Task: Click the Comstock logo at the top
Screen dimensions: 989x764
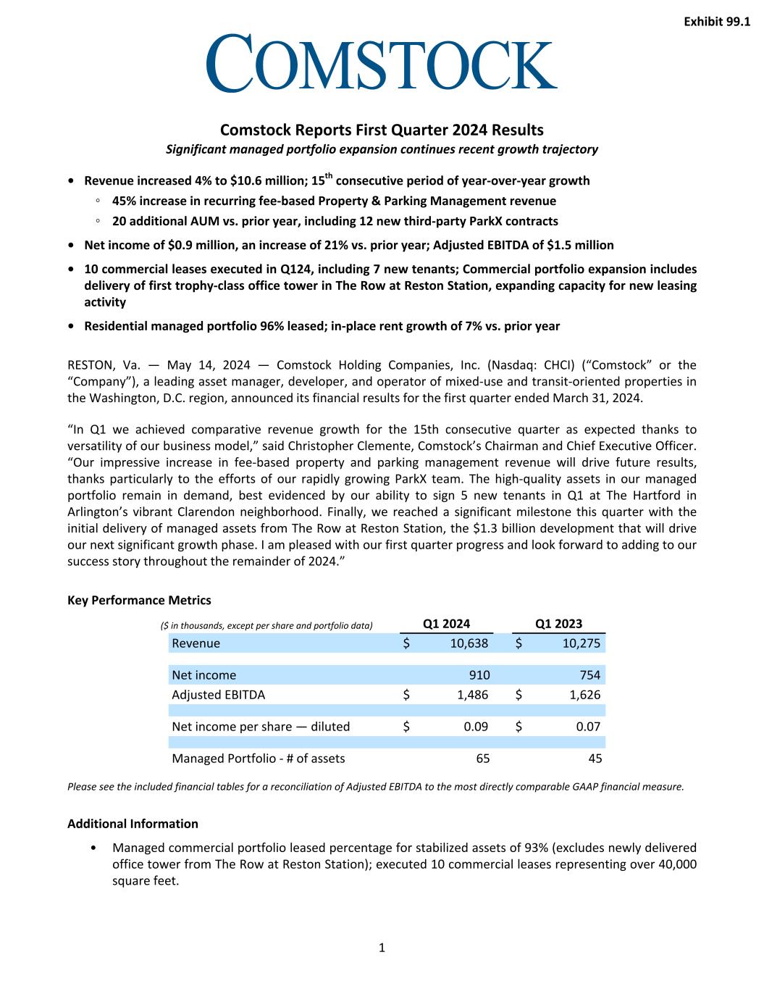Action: pyautogui.click(x=382, y=63)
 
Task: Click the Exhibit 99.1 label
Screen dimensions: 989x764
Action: pyautogui.click(x=716, y=22)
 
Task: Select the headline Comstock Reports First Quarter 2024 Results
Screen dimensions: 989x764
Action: pyautogui.click(x=382, y=130)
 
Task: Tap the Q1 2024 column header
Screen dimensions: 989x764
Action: pyautogui.click(x=446, y=623)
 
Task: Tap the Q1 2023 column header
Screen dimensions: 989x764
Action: pyautogui.click(x=558, y=623)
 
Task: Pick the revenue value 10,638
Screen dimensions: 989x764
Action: pyautogui.click(x=469, y=643)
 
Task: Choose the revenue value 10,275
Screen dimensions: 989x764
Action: pyautogui.click(x=581, y=643)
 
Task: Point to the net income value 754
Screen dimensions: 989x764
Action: pyautogui.click(x=590, y=675)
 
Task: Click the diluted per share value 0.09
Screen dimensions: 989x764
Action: pyautogui.click(x=476, y=726)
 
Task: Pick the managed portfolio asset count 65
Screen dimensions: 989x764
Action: pyautogui.click(x=482, y=758)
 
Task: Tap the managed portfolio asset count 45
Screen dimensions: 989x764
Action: pyautogui.click(x=595, y=758)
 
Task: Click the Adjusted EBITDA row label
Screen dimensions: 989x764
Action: pyautogui.click(x=218, y=694)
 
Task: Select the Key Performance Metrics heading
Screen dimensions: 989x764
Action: pyautogui.click(x=139, y=600)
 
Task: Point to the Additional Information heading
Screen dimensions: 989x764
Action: pyautogui.click(x=133, y=823)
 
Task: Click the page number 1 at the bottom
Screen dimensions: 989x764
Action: pyautogui.click(x=382, y=947)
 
